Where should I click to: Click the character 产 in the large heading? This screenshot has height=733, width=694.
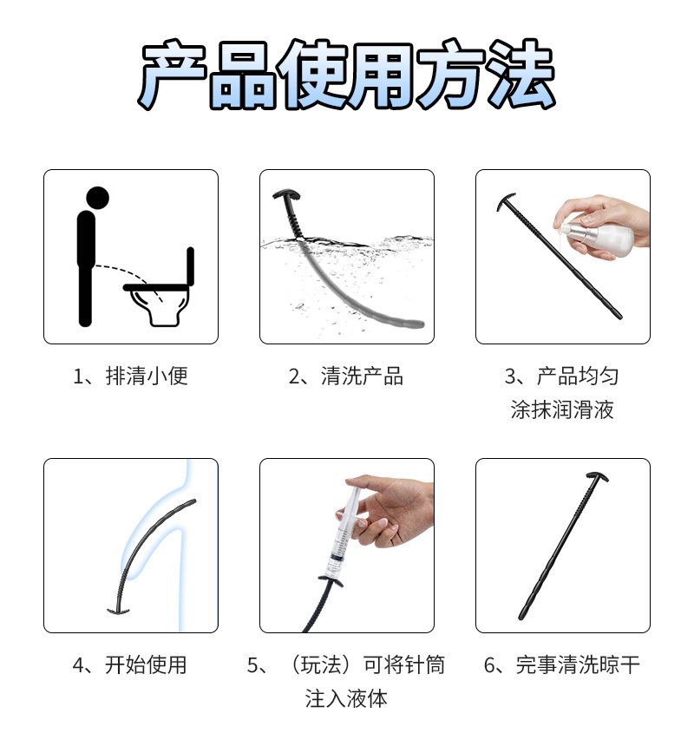(x=173, y=75)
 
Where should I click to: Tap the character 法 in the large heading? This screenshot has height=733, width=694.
(x=520, y=74)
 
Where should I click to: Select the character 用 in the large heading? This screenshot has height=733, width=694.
(x=381, y=75)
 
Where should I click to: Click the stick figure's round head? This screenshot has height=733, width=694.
(x=98, y=198)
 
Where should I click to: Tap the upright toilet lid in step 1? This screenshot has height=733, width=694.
(x=190, y=266)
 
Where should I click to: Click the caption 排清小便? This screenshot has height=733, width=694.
(x=147, y=376)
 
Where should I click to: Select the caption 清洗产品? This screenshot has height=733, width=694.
(x=362, y=376)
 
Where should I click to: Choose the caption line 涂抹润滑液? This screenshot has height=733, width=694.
(x=562, y=409)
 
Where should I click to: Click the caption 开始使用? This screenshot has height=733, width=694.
(x=146, y=664)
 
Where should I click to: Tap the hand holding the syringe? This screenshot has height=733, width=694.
(x=393, y=509)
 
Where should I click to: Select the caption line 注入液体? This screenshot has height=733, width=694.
(x=346, y=698)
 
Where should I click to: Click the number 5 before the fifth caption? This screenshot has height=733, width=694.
(x=252, y=665)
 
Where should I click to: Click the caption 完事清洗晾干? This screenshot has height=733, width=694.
(x=578, y=664)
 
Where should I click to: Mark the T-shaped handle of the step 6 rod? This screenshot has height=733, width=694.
(x=597, y=477)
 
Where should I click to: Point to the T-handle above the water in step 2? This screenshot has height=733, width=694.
(x=286, y=194)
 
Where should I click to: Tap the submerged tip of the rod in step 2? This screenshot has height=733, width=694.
(x=416, y=324)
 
